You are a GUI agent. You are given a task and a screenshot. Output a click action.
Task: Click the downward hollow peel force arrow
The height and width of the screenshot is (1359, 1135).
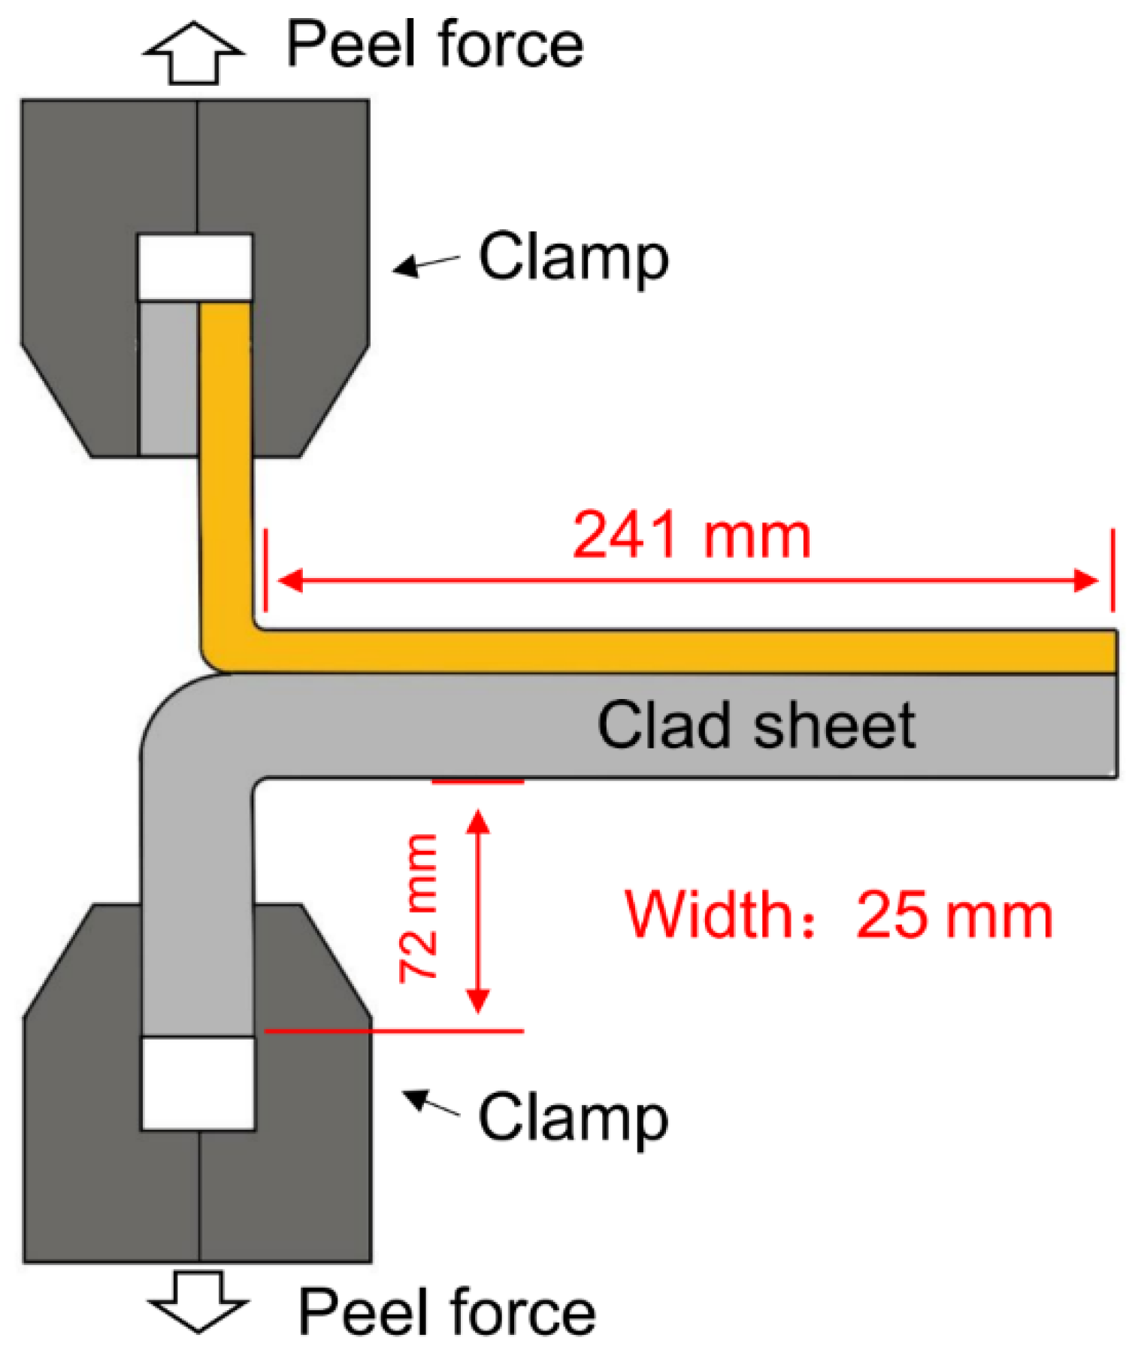(x=198, y=1301)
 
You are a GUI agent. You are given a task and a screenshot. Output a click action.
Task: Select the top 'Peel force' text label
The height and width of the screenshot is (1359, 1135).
(x=434, y=45)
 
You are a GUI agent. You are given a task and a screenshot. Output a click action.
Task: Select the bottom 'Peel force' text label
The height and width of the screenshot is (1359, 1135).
(x=446, y=1312)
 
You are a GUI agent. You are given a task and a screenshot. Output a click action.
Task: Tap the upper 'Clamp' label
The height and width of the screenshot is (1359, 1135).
(x=573, y=258)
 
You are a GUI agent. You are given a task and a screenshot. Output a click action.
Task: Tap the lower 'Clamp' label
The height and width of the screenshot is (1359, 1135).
(x=573, y=1118)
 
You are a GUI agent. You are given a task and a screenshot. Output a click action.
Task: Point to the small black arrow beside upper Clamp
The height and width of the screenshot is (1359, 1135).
(x=424, y=264)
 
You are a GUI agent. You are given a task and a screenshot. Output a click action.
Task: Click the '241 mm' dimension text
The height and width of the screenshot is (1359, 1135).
(x=691, y=535)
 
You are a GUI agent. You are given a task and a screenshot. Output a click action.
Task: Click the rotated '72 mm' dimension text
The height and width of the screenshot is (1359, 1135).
(x=419, y=907)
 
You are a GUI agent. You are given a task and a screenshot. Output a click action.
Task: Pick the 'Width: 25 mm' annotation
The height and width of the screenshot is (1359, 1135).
(x=838, y=915)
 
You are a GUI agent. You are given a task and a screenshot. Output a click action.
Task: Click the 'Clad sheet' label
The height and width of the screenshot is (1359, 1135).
(x=755, y=725)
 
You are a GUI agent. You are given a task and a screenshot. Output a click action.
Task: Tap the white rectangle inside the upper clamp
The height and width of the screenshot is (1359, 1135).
(x=195, y=268)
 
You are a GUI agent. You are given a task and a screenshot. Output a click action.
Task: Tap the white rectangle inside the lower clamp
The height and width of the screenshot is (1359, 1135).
(x=198, y=1083)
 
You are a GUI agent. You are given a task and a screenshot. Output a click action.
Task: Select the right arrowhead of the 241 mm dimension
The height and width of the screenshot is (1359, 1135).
(x=1086, y=580)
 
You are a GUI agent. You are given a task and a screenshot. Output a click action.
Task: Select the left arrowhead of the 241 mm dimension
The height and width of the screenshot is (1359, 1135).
(x=290, y=580)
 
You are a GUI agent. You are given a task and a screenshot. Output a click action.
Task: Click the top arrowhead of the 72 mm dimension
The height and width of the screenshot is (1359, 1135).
(x=478, y=820)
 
